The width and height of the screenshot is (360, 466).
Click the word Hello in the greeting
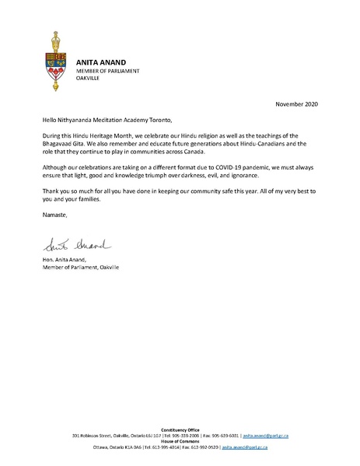pos(51,121)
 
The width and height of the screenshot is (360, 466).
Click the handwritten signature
pos(66,247)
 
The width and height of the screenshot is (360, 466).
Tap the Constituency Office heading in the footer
pos(179,429)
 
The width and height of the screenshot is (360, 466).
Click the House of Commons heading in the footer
pos(179,441)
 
